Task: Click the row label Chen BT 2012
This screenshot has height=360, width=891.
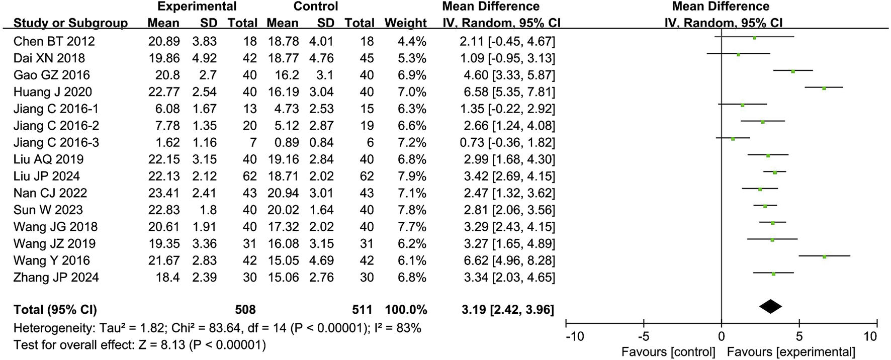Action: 54,41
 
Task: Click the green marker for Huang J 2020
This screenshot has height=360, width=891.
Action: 824,88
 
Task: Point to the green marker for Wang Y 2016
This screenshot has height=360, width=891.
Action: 825,256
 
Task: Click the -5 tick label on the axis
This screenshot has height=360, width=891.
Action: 644,336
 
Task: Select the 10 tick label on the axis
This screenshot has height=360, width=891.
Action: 877,336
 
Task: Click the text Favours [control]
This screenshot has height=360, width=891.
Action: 668,352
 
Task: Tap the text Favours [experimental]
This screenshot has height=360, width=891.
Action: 791,352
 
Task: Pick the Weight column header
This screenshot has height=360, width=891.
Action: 405,23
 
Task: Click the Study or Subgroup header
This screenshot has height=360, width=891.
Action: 70,23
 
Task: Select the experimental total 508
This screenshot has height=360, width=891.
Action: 245,310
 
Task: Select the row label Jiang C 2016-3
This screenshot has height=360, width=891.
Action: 56,142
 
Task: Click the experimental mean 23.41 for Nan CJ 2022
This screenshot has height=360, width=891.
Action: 163,193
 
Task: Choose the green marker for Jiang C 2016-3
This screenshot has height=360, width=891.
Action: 733,139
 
